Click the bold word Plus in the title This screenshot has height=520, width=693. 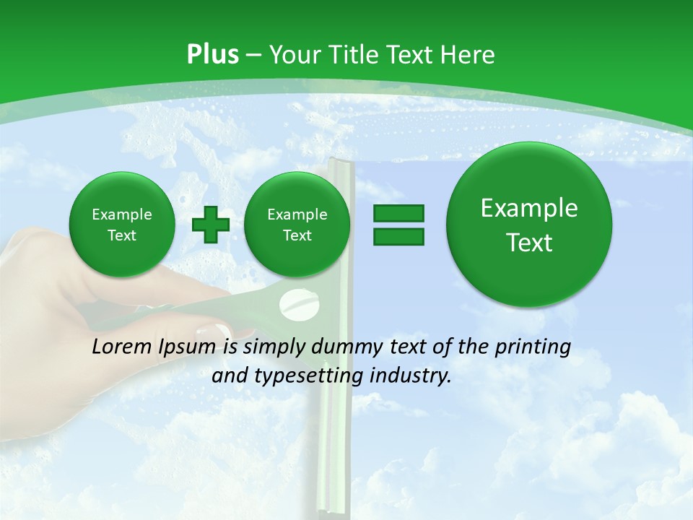pyautogui.click(x=212, y=55)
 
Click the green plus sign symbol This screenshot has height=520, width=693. pyautogui.click(x=211, y=225)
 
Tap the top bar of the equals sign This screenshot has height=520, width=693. pyautogui.click(x=398, y=213)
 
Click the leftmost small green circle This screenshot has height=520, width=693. pyautogui.click(x=122, y=225)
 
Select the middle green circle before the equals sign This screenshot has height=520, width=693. pyautogui.click(x=297, y=225)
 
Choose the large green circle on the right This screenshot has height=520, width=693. pyautogui.click(x=529, y=225)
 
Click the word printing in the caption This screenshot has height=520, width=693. pyautogui.click(x=533, y=347)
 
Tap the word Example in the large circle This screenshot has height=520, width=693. pyautogui.click(x=529, y=208)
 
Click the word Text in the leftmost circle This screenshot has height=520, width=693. pyautogui.click(x=122, y=235)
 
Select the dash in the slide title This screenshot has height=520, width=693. pyautogui.click(x=253, y=56)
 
